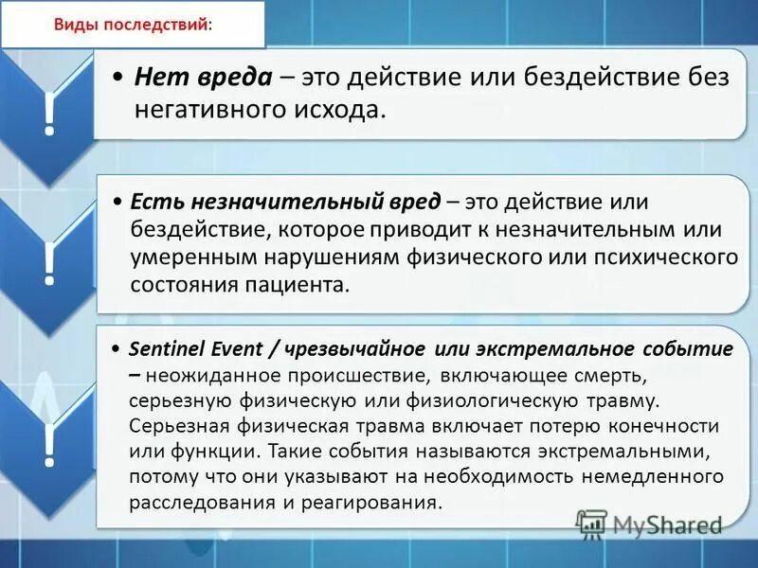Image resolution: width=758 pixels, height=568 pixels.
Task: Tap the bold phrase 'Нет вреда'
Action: click(204, 78)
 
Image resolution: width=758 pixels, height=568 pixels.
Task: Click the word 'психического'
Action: click(672, 257)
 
